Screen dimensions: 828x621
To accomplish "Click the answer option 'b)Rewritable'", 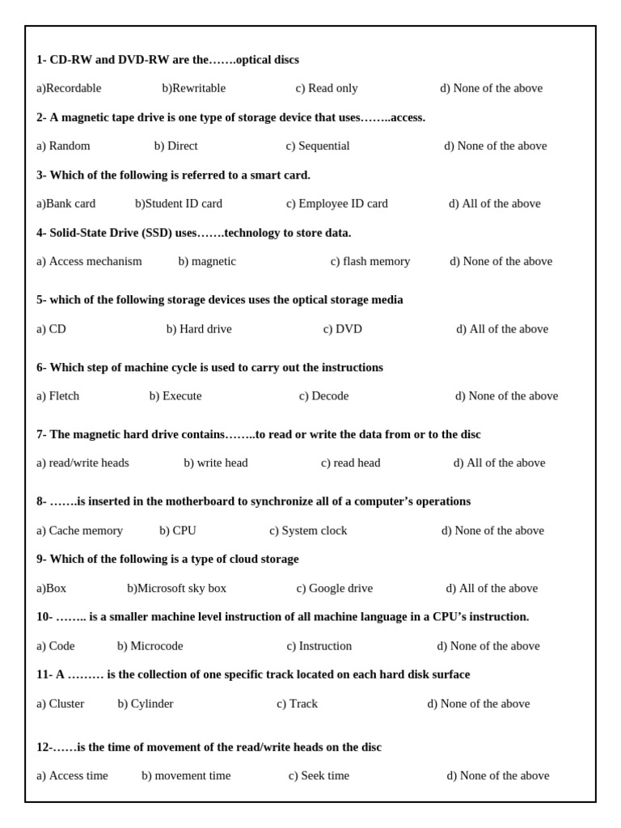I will pos(194,88).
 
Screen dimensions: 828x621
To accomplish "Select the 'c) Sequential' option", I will pos(318,146).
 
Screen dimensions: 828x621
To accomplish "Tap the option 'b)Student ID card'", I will pos(179,204).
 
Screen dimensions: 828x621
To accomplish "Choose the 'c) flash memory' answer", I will pos(370,261).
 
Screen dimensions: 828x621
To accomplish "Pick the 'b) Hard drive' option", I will pos(199,329).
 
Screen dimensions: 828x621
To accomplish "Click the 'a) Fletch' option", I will pos(58,396).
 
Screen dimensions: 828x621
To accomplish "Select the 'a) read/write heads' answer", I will pos(82,463).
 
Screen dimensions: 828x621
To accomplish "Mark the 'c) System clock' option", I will pos(308,530).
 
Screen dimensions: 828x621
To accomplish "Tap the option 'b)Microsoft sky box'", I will pos(176,589).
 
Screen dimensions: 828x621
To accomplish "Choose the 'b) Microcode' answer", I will pos(150,646).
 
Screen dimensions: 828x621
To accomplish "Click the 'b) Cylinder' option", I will pos(146,703).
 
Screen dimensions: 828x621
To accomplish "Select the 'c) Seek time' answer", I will pos(319,776).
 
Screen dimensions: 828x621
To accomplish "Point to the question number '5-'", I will pos(41,300).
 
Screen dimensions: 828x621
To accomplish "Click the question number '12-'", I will pos(44,747).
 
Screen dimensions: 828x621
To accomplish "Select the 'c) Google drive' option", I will pos(335,589).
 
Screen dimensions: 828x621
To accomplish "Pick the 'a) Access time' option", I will pos(72,776).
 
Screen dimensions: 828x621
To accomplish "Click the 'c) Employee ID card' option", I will pos(337,204).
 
